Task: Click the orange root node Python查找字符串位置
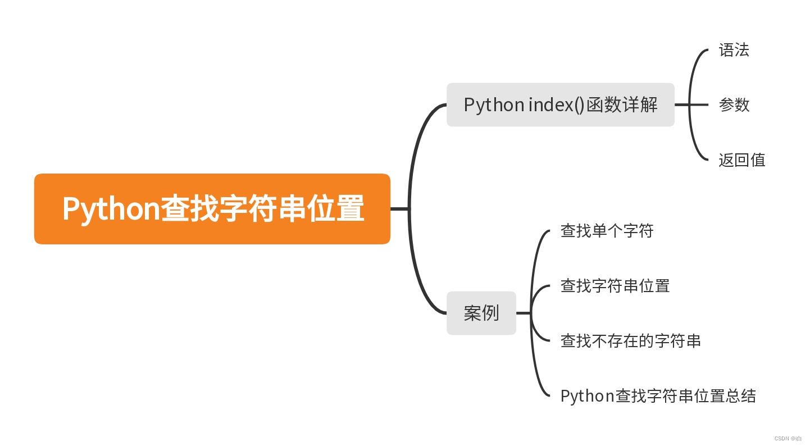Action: [212, 209]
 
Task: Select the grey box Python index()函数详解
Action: [560, 105]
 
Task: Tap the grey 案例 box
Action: [481, 313]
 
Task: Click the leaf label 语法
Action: [734, 51]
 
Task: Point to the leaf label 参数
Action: [734, 105]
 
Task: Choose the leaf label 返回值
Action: [741, 160]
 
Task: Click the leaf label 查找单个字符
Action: [607, 231]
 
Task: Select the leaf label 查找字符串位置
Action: [615, 286]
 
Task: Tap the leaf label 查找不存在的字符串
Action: [630, 341]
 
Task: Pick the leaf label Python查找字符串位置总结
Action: [658, 396]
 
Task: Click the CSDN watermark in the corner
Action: [788, 438]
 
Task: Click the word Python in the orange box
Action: [111, 210]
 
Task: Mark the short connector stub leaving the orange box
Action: [399, 209]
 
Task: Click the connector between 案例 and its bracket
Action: [523, 313]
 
